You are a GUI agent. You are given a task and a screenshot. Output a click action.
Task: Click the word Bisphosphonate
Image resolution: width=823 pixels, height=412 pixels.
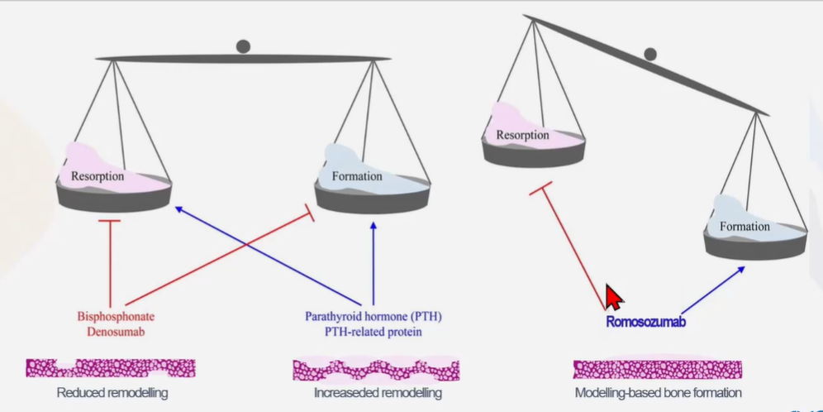[117, 317]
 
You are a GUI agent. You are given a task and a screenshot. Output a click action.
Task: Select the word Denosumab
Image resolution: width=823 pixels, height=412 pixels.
[117, 332]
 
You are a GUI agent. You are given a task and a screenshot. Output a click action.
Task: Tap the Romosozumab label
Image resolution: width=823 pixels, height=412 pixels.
[646, 322]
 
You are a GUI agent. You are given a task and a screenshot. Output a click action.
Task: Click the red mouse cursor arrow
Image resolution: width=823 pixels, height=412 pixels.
[614, 296]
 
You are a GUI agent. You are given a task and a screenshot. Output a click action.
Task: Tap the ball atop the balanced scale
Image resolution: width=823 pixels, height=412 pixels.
[243, 46]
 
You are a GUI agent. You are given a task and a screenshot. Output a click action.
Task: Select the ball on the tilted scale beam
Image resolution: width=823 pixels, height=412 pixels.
[650, 55]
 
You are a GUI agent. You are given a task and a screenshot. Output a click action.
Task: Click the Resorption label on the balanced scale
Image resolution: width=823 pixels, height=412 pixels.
[98, 176]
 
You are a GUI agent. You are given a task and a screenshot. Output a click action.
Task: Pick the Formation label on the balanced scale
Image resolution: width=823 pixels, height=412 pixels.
[357, 176]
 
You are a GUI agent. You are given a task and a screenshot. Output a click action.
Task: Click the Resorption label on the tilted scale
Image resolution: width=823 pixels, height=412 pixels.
[522, 135]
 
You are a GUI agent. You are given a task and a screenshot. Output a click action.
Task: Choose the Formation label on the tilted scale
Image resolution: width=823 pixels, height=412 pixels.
[745, 226]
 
